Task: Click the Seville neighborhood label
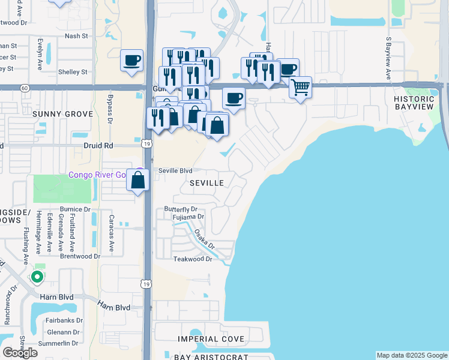point(207,182)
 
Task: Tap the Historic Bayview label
point(414,103)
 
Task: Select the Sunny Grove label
point(63,114)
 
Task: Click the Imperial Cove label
point(211,340)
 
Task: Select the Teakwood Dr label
point(193,259)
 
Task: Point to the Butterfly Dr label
point(181,209)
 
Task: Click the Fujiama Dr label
point(188,217)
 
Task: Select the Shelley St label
point(73,72)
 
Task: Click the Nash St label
point(76,36)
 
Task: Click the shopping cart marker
point(300,86)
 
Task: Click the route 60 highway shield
point(24,88)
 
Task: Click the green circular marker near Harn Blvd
point(37,277)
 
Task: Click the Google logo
point(20,352)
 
